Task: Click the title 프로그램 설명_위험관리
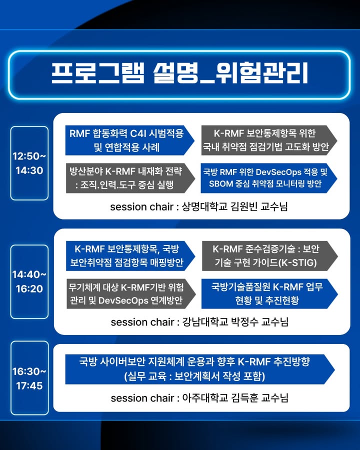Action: point(179,73)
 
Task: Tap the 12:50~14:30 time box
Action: point(29,163)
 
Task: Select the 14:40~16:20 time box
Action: point(29,281)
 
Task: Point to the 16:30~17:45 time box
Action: point(29,378)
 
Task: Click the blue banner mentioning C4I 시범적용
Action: point(130,140)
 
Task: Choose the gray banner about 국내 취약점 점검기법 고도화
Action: point(269,140)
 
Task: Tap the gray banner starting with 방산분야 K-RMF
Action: point(130,178)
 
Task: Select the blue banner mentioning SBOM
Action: point(269,178)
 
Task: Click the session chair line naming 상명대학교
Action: point(199,206)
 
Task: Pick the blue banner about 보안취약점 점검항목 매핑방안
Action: point(130,255)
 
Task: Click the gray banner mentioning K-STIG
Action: point(270,255)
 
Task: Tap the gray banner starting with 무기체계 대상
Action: point(131,293)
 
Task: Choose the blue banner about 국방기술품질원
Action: point(269,293)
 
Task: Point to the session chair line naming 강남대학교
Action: point(200,322)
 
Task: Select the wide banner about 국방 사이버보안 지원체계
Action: point(200,369)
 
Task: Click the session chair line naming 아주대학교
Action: point(200,398)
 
